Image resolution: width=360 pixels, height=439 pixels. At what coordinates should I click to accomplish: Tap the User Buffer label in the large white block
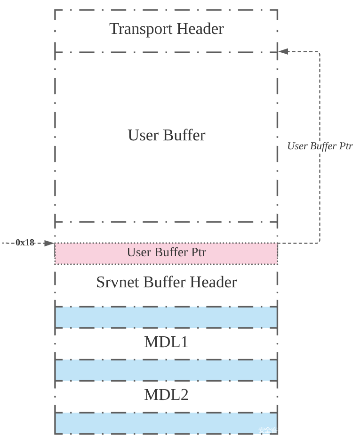pyautogui.click(x=167, y=135)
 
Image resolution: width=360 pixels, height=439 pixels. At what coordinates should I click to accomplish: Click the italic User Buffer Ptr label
pyautogui.click(x=320, y=146)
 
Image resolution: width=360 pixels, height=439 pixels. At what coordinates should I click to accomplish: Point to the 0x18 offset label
pyautogui.click(x=25, y=243)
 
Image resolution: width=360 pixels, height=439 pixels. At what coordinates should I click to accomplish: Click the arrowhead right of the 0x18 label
pyautogui.click(x=49, y=243)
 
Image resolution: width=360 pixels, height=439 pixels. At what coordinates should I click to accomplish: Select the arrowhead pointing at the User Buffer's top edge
pyautogui.click(x=284, y=51)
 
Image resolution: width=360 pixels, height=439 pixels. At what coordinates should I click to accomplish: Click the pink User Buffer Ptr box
pyautogui.click(x=166, y=253)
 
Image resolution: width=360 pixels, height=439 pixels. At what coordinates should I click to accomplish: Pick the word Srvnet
pyautogui.click(x=118, y=282)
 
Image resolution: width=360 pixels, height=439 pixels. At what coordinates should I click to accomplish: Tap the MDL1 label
pyautogui.click(x=166, y=342)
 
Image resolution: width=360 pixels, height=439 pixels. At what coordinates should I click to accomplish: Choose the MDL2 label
pyautogui.click(x=166, y=395)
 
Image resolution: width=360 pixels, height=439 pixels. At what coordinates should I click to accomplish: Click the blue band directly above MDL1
pyautogui.click(x=166, y=317)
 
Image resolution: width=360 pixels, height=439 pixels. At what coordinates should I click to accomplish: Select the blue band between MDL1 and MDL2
pyautogui.click(x=166, y=370)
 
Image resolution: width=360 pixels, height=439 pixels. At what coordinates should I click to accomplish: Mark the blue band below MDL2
pyautogui.click(x=166, y=423)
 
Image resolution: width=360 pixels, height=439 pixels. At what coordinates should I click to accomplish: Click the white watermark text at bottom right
pyautogui.click(x=268, y=430)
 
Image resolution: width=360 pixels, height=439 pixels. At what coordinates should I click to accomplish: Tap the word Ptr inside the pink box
pyautogui.click(x=198, y=252)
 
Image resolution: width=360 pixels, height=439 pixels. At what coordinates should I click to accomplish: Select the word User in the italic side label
pyautogui.click(x=297, y=146)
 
